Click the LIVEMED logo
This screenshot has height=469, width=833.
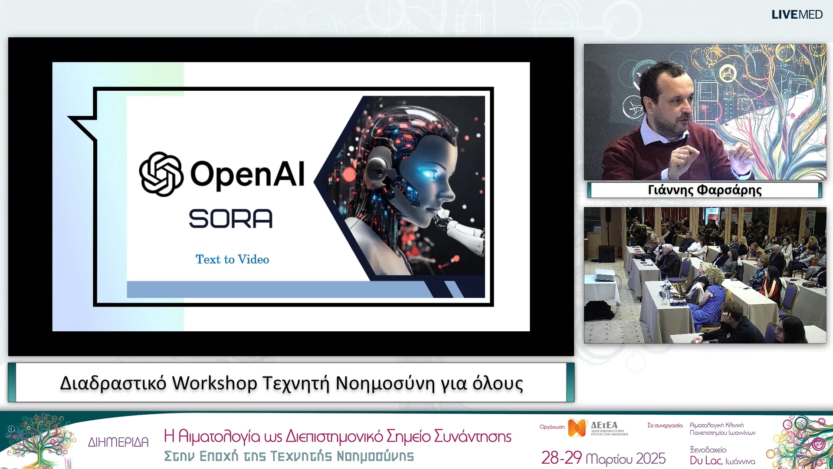(x=797, y=15)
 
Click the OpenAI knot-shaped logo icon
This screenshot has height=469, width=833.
(x=161, y=174)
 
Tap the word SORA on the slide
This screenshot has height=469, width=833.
(x=230, y=218)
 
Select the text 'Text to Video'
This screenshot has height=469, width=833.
(x=232, y=259)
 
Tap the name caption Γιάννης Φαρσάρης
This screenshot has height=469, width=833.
(x=705, y=190)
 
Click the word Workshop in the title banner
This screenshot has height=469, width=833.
(x=214, y=383)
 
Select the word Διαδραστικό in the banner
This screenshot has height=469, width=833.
(x=113, y=383)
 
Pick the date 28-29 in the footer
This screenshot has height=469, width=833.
(x=561, y=458)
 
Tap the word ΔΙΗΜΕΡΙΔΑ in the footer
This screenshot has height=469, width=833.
(x=118, y=442)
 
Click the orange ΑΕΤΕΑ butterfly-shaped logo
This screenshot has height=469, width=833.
(x=577, y=428)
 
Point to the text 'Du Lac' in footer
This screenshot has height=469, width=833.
(x=705, y=460)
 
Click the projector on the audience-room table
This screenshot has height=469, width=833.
(x=604, y=275)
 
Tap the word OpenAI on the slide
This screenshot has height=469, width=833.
(x=247, y=174)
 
